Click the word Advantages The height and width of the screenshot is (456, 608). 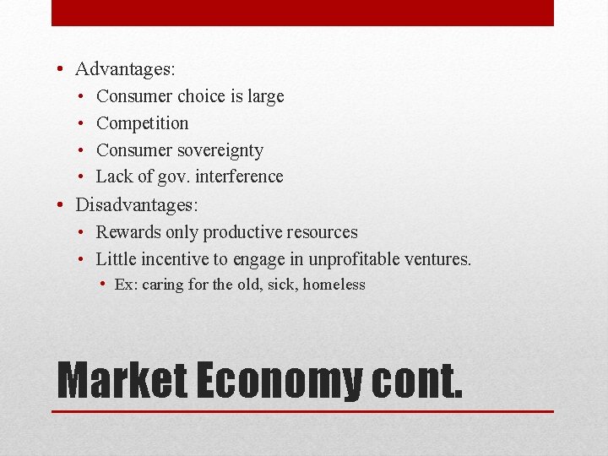(125, 69)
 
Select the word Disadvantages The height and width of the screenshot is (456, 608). (134, 205)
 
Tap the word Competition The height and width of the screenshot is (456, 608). (143, 123)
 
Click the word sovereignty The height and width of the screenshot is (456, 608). (221, 150)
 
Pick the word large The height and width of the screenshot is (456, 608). (265, 96)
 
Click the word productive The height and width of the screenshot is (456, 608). (244, 232)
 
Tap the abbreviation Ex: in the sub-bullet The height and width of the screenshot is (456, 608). (126, 285)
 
